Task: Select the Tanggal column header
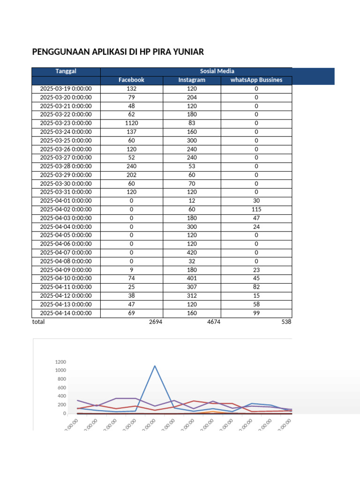tap(66, 71)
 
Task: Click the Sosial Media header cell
tap(217, 71)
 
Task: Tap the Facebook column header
tap(131, 80)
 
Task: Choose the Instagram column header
tap(192, 80)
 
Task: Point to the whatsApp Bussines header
tap(256, 80)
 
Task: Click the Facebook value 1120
tap(131, 123)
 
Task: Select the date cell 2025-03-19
tap(66, 89)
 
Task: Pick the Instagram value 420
tap(192, 252)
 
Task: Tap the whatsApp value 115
tap(256, 209)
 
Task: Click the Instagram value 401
tap(192, 278)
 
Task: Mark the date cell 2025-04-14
tap(66, 313)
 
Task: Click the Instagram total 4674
tap(213, 322)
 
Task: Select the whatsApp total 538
tap(286, 322)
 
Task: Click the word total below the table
tap(38, 322)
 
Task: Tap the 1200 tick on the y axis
tap(61, 362)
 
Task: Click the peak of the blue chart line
tap(155, 366)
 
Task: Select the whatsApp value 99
tap(256, 313)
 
